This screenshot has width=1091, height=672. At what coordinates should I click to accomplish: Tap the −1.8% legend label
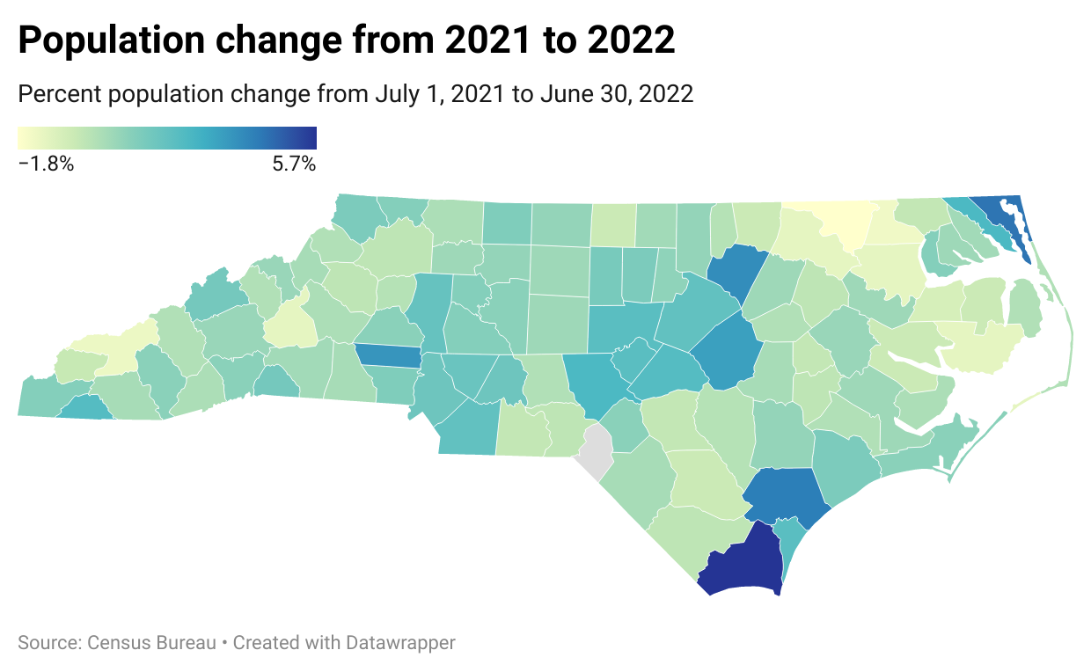point(46,164)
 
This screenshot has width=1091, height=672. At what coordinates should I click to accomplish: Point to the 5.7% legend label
point(294,164)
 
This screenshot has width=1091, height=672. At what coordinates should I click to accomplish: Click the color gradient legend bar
point(167,138)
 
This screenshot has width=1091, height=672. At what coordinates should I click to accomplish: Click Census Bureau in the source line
point(152,643)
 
